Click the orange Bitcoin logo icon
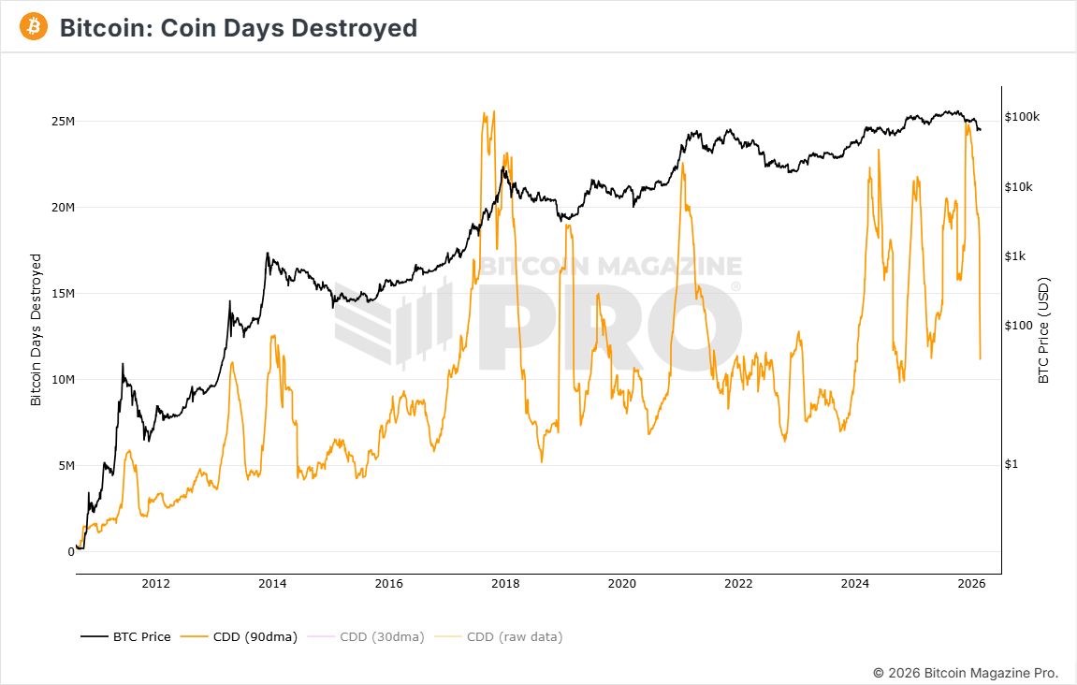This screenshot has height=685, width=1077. [34, 27]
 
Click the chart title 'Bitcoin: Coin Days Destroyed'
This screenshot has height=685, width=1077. [238, 28]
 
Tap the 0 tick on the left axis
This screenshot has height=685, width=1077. [70, 552]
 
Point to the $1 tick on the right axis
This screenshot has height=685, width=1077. [1012, 464]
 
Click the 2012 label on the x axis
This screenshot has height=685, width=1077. [155, 585]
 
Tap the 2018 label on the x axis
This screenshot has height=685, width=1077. [505, 585]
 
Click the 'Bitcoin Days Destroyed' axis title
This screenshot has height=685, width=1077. [36, 329]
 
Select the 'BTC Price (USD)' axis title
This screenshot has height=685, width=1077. [1044, 330]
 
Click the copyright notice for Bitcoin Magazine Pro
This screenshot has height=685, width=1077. [965, 673]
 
